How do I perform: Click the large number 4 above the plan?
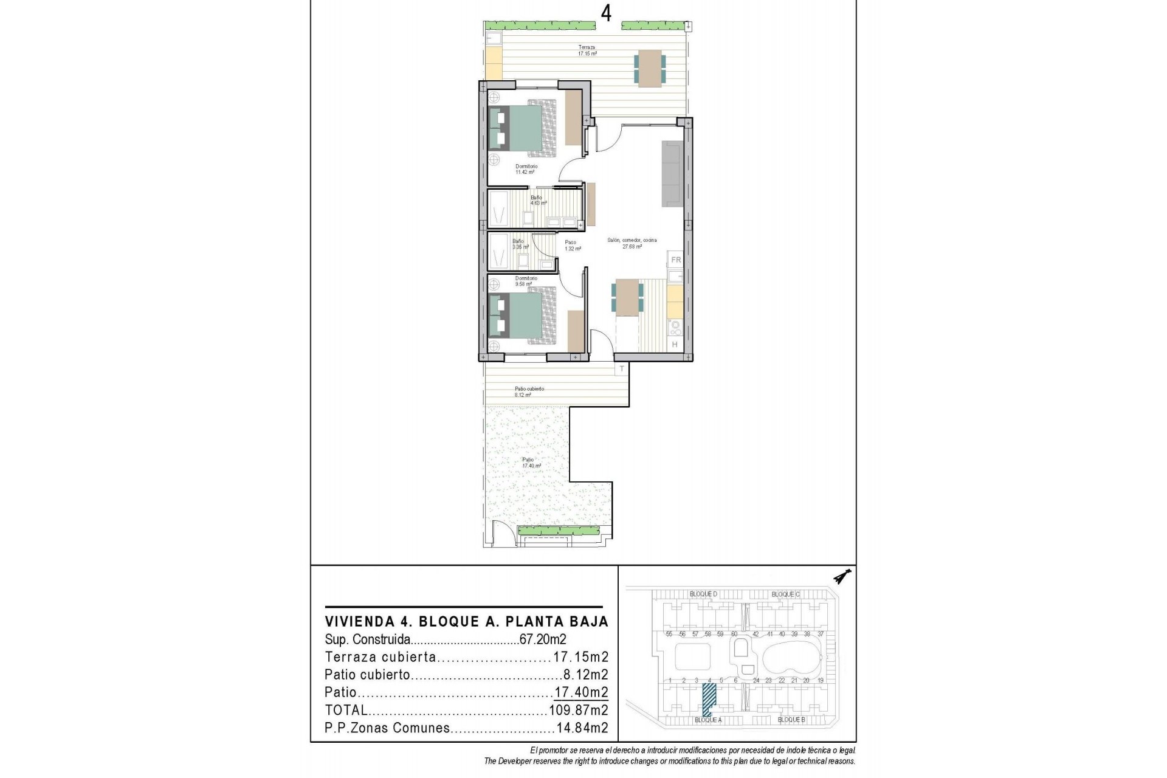pos(606,13)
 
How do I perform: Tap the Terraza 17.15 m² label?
pos(587,50)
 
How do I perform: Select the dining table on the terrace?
pos(650,67)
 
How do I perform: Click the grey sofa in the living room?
pos(672,174)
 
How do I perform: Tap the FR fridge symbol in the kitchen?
pos(675,260)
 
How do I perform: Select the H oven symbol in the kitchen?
pos(675,345)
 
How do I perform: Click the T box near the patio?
pos(622,369)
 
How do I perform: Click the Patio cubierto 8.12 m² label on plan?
pos(529,391)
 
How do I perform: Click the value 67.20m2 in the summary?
pos(543,639)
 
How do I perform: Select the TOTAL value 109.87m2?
pos(579,710)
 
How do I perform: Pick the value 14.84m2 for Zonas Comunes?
pos(582,728)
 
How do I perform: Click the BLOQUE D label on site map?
pos(703,594)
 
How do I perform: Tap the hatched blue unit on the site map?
pos(709,699)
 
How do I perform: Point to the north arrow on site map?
pos(841,576)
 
